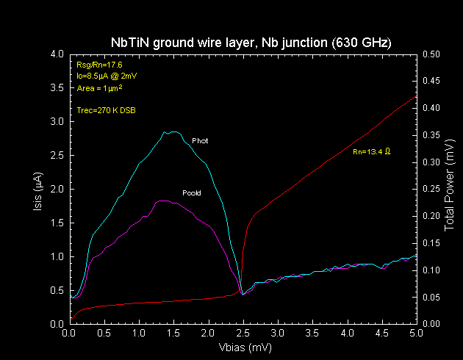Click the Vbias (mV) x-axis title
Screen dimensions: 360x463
coord(243,346)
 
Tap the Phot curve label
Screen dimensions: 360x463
coord(199,140)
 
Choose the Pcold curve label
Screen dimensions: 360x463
coord(191,193)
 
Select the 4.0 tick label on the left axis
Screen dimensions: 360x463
coord(57,54)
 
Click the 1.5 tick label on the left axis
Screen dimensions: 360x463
coord(57,223)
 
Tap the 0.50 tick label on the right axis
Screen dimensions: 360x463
coord(431,54)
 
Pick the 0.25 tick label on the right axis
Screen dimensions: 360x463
coord(431,190)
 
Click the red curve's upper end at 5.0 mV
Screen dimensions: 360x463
coord(416,96)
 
